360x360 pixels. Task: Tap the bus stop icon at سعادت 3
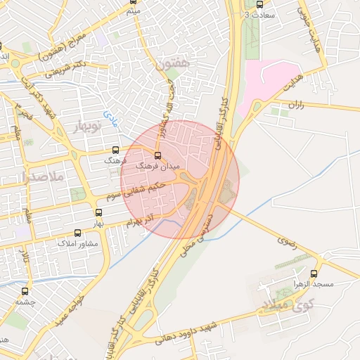tap(259, 4)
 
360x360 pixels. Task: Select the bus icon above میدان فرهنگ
tap(157, 155)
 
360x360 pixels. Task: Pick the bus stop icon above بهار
tap(98, 212)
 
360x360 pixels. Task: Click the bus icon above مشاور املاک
tap(77, 233)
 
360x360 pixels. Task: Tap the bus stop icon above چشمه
tap(25, 291)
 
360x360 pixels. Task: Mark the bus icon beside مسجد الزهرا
tap(314, 274)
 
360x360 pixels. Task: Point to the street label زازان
tap(295, 104)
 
